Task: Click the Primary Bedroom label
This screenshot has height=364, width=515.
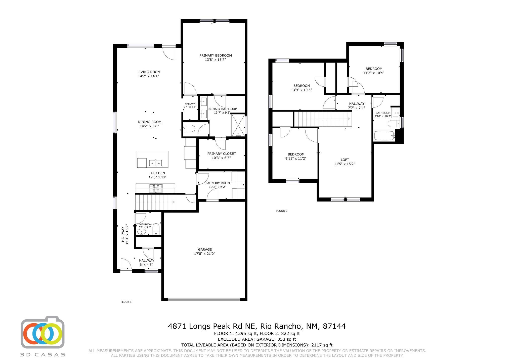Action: (x=216, y=56)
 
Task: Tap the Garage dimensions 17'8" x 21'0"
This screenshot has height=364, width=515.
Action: (x=205, y=254)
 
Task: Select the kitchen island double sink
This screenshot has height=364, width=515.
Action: (x=155, y=163)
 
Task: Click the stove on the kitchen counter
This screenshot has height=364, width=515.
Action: (x=156, y=188)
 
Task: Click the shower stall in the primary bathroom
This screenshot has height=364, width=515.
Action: (x=238, y=125)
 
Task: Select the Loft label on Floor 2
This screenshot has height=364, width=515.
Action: (x=345, y=160)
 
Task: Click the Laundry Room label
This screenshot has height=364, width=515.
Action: (x=218, y=183)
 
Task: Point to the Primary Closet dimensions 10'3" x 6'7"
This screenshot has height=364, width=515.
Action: (x=221, y=158)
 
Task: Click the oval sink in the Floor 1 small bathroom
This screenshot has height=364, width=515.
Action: (x=142, y=232)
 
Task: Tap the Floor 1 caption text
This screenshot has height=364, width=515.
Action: (x=126, y=302)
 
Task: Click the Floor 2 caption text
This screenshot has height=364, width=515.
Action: (x=282, y=211)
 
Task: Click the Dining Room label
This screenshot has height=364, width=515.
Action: (x=149, y=122)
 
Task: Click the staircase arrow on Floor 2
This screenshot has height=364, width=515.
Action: (x=349, y=119)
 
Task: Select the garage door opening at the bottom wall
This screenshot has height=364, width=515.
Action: (x=204, y=299)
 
